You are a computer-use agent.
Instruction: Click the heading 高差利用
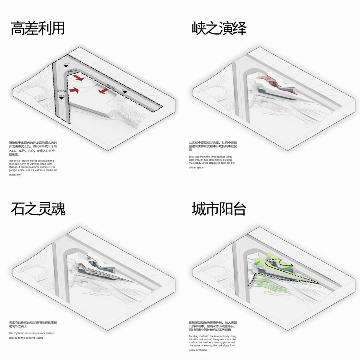[x=38, y=28]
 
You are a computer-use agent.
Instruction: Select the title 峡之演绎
[x=219, y=28]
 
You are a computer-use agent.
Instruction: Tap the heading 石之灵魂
[x=38, y=209]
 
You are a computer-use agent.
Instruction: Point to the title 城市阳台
[x=219, y=209]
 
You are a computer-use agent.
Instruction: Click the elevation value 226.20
[x=66, y=64]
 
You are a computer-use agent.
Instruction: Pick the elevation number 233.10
[x=125, y=90]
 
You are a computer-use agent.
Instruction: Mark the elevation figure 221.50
[x=62, y=96]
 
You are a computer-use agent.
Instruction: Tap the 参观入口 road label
[x=72, y=71]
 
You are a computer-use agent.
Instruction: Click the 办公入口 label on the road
[x=111, y=86]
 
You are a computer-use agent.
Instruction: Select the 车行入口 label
[x=62, y=91]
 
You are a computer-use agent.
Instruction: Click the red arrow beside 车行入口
[x=74, y=90]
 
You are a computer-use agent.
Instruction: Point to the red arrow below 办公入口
[x=103, y=91]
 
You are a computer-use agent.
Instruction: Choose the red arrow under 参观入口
[x=79, y=78]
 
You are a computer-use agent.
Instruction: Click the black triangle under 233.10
[x=125, y=92]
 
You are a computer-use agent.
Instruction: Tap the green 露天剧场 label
[x=267, y=292]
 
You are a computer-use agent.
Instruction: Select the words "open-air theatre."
[x=198, y=350]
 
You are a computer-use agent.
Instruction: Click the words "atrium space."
[x=196, y=168]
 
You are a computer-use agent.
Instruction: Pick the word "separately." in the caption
[x=15, y=175]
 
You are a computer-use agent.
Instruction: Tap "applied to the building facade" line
[x=26, y=338]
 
